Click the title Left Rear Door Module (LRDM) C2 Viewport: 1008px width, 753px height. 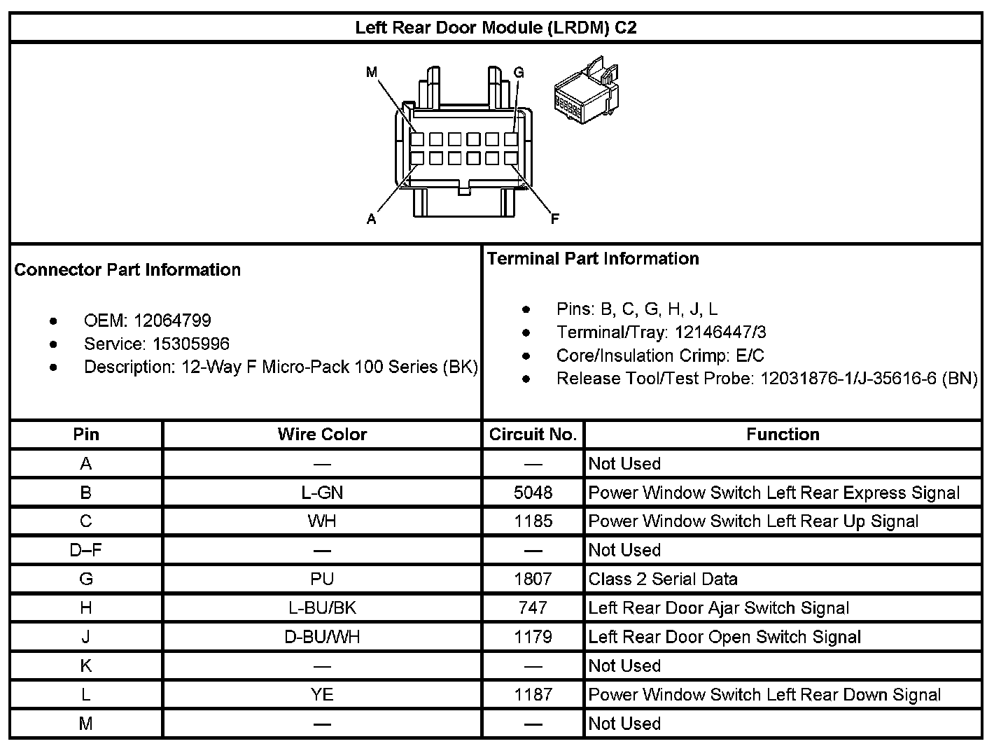pyautogui.click(x=496, y=28)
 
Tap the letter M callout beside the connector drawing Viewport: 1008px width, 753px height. pyautogui.click(x=372, y=72)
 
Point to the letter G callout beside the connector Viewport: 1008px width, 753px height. pyautogui.click(x=519, y=73)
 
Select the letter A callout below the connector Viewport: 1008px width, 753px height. pyautogui.click(x=372, y=219)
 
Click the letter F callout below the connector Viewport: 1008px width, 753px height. pyautogui.click(x=555, y=219)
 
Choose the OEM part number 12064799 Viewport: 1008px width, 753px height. pyautogui.click(x=172, y=321)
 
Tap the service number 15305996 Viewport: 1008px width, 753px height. pyautogui.click(x=191, y=344)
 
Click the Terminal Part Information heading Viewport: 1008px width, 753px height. pyautogui.click(x=593, y=258)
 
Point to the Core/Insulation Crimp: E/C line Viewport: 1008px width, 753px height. pyautogui.click(x=660, y=355)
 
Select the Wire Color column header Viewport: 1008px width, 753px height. pyautogui.click(x=322, y=434)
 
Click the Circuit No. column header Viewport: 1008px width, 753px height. pyautogui.click(x=533, y=434)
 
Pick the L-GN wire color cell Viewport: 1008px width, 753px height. pyautogui.click(x=322, y=493)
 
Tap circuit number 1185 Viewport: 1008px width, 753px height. pyautogui.click(x=533, y=521)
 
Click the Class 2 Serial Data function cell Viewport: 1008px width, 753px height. pyautogui.click(x=663, y=579)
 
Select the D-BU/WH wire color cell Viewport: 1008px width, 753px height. pyautogui.click(x=322, y=637)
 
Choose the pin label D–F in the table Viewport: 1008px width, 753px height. pyautogui.click(x=86, y=550)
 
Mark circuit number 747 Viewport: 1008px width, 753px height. pyautogui.click(x=533, y=607)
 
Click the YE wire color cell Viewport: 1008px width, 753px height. pyautogui.click(x=322, y=694)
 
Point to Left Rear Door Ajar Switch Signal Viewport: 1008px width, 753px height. pyautogui.click(x=719, y=607)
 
